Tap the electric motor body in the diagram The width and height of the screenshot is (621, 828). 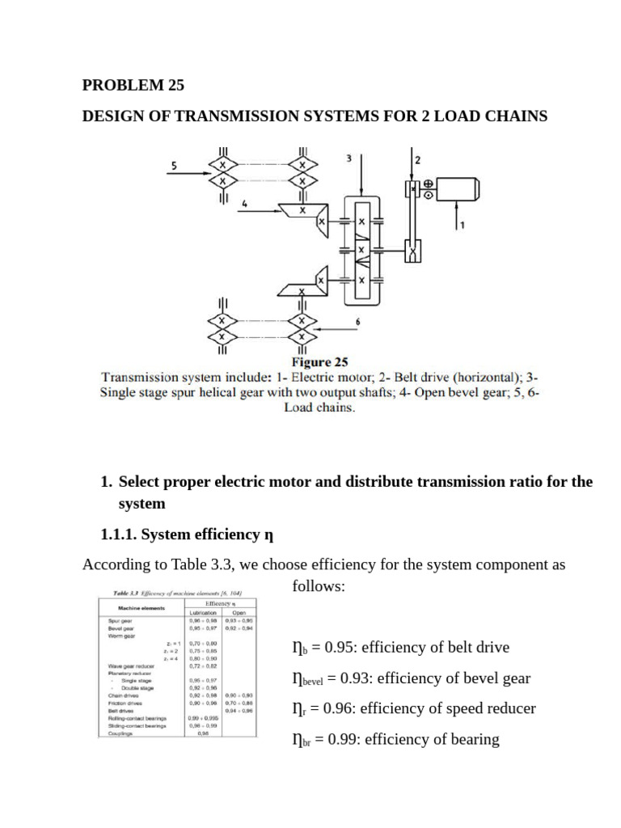click(459, 190)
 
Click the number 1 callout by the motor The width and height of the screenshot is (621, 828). click(462, 226)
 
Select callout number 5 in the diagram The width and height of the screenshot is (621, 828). click(173, 166)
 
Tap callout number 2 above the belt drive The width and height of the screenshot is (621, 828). click(417, 160)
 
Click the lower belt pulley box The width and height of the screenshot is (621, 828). click(414, 253)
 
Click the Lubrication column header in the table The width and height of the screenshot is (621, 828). click(203, 613)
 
